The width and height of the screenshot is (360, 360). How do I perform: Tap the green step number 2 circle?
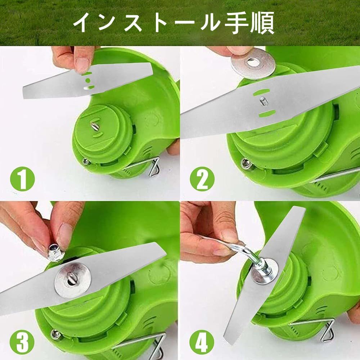coord(202,179)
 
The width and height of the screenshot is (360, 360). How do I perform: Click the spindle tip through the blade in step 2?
coord(262,100)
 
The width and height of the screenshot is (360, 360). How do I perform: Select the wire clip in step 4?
coord(321,328)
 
